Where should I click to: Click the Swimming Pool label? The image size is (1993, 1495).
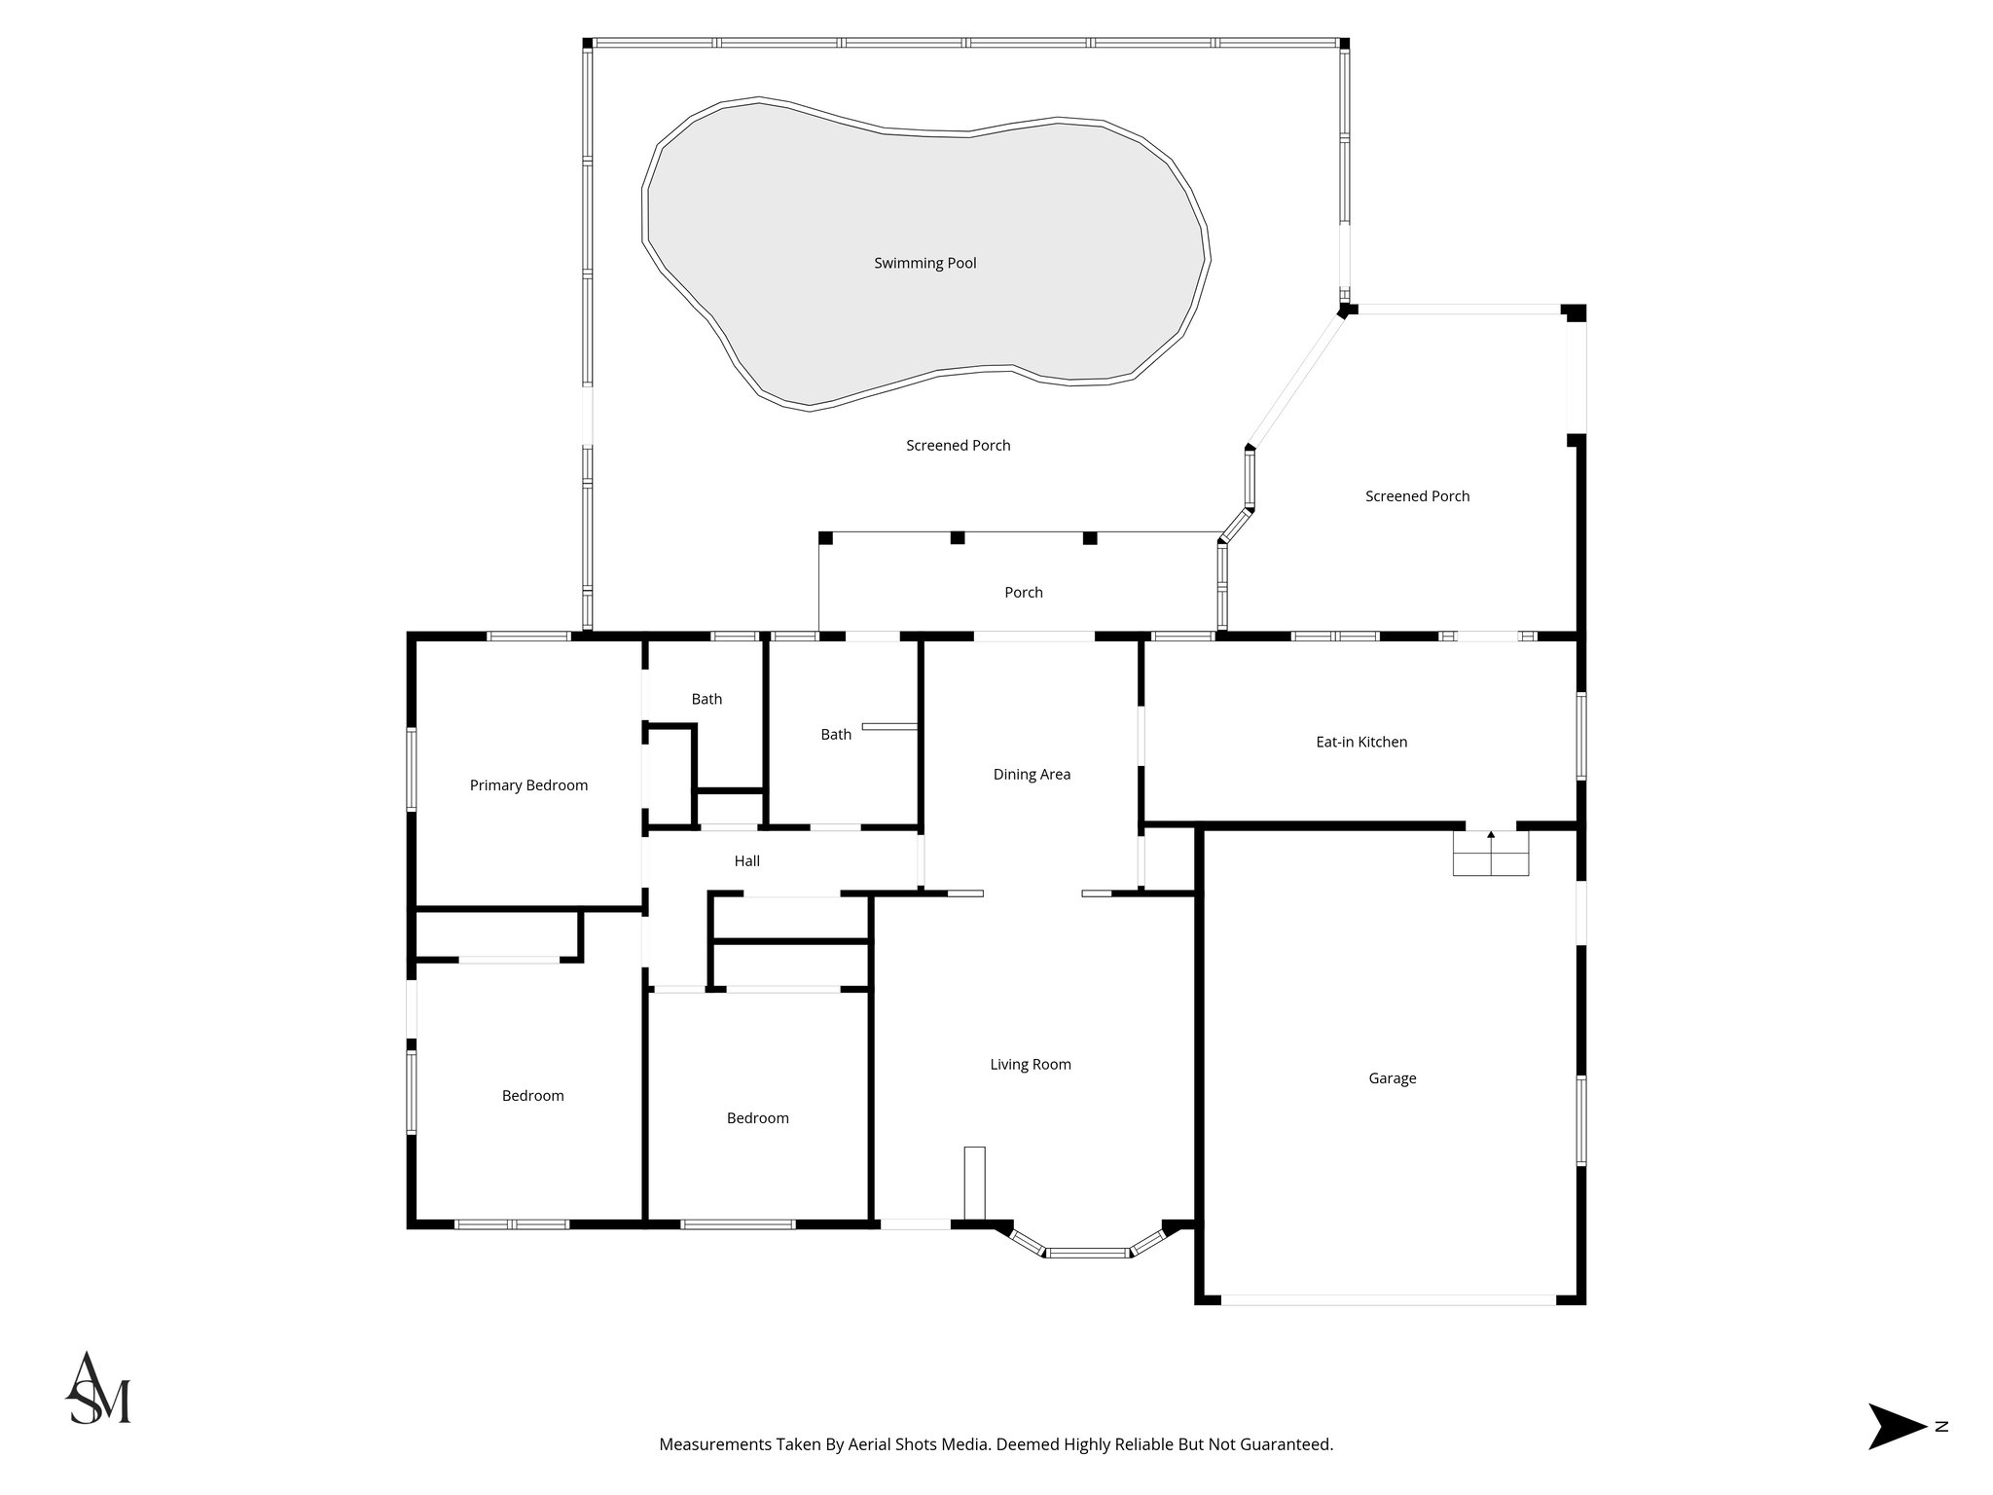[x=924, y=263]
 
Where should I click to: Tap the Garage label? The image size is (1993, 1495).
[x=1392, y=1078]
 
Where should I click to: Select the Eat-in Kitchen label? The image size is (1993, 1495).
[x=1360, y=742]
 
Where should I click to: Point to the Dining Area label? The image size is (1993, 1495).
[x=1032, y=775]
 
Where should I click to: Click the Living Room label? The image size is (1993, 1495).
[x=1031, y=1065]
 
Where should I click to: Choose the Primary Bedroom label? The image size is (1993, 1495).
[x=528, y=785]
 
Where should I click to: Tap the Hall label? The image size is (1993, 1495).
[x=746, y=861]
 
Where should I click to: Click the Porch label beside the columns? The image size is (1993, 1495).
[x=1023, y=593]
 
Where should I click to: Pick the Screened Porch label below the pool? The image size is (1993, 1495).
[x=958, y=446]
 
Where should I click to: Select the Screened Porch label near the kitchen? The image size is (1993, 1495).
[x=1416, y=496]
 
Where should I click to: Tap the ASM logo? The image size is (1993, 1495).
[x=98, y=1389]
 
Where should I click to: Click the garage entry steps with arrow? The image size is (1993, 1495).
[x=1491, y=854]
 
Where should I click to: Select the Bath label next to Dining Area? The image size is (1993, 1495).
[x=835, y=735]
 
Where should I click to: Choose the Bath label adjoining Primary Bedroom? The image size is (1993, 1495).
[x=707, y=699]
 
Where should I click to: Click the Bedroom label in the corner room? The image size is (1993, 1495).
[x=532, y=1096]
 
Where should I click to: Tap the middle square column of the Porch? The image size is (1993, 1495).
[x=957, y=537]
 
